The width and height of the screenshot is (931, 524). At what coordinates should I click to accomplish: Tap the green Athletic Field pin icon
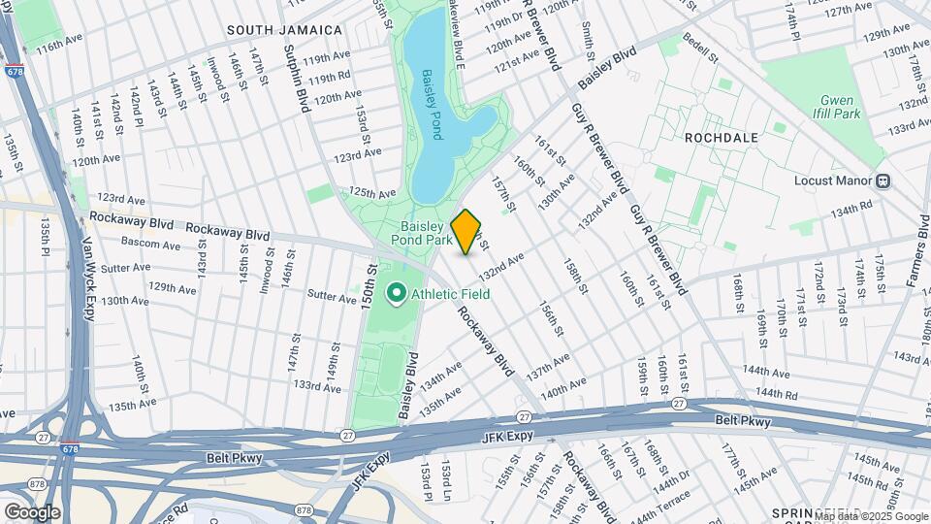point(396,292)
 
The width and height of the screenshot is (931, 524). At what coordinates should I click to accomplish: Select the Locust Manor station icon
point(883,180)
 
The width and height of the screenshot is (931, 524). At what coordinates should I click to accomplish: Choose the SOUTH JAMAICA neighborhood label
point(285,31)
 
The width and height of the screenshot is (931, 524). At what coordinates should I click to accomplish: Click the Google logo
point(32,511)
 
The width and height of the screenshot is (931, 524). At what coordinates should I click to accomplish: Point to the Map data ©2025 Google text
point(871,516)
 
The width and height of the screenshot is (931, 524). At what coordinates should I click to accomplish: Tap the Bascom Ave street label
point(151,245)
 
